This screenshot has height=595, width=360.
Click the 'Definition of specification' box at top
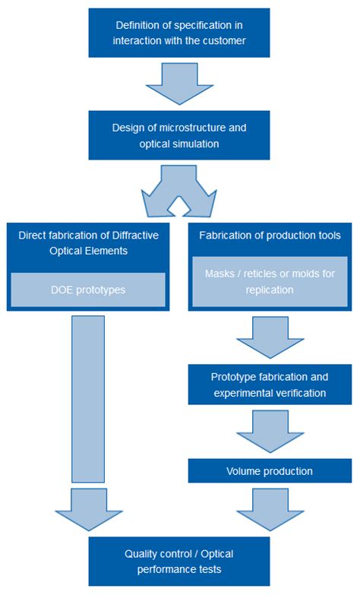click(179, 33)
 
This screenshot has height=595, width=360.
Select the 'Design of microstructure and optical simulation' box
click(179, 135)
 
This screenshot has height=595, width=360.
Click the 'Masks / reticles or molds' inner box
click(270, 282)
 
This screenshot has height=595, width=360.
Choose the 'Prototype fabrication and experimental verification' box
click(270, 385)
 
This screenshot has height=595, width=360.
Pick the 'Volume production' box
click(270, 471)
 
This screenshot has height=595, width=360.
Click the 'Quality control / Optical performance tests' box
click(179, 561)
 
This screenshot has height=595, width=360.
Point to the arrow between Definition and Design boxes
click(179, 83)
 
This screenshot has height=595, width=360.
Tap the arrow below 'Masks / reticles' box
click(270, 337)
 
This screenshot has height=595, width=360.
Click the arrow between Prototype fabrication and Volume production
click(270, 432)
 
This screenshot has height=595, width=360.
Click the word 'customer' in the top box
click(225, 40)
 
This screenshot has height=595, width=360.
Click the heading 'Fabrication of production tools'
click(270, 236)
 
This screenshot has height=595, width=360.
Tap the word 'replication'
click(270, 290)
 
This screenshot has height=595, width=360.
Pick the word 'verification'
click(299, 393)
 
